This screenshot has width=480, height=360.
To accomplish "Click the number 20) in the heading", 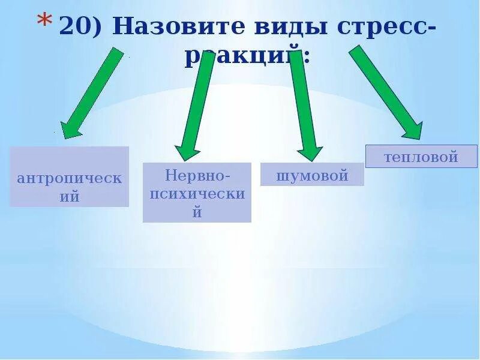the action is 83,27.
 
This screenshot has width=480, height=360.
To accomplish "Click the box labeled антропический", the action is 69,177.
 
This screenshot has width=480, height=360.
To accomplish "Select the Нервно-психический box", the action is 197,193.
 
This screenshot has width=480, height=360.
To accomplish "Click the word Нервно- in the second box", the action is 197,176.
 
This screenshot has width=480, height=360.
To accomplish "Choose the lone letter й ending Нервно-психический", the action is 197,212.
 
